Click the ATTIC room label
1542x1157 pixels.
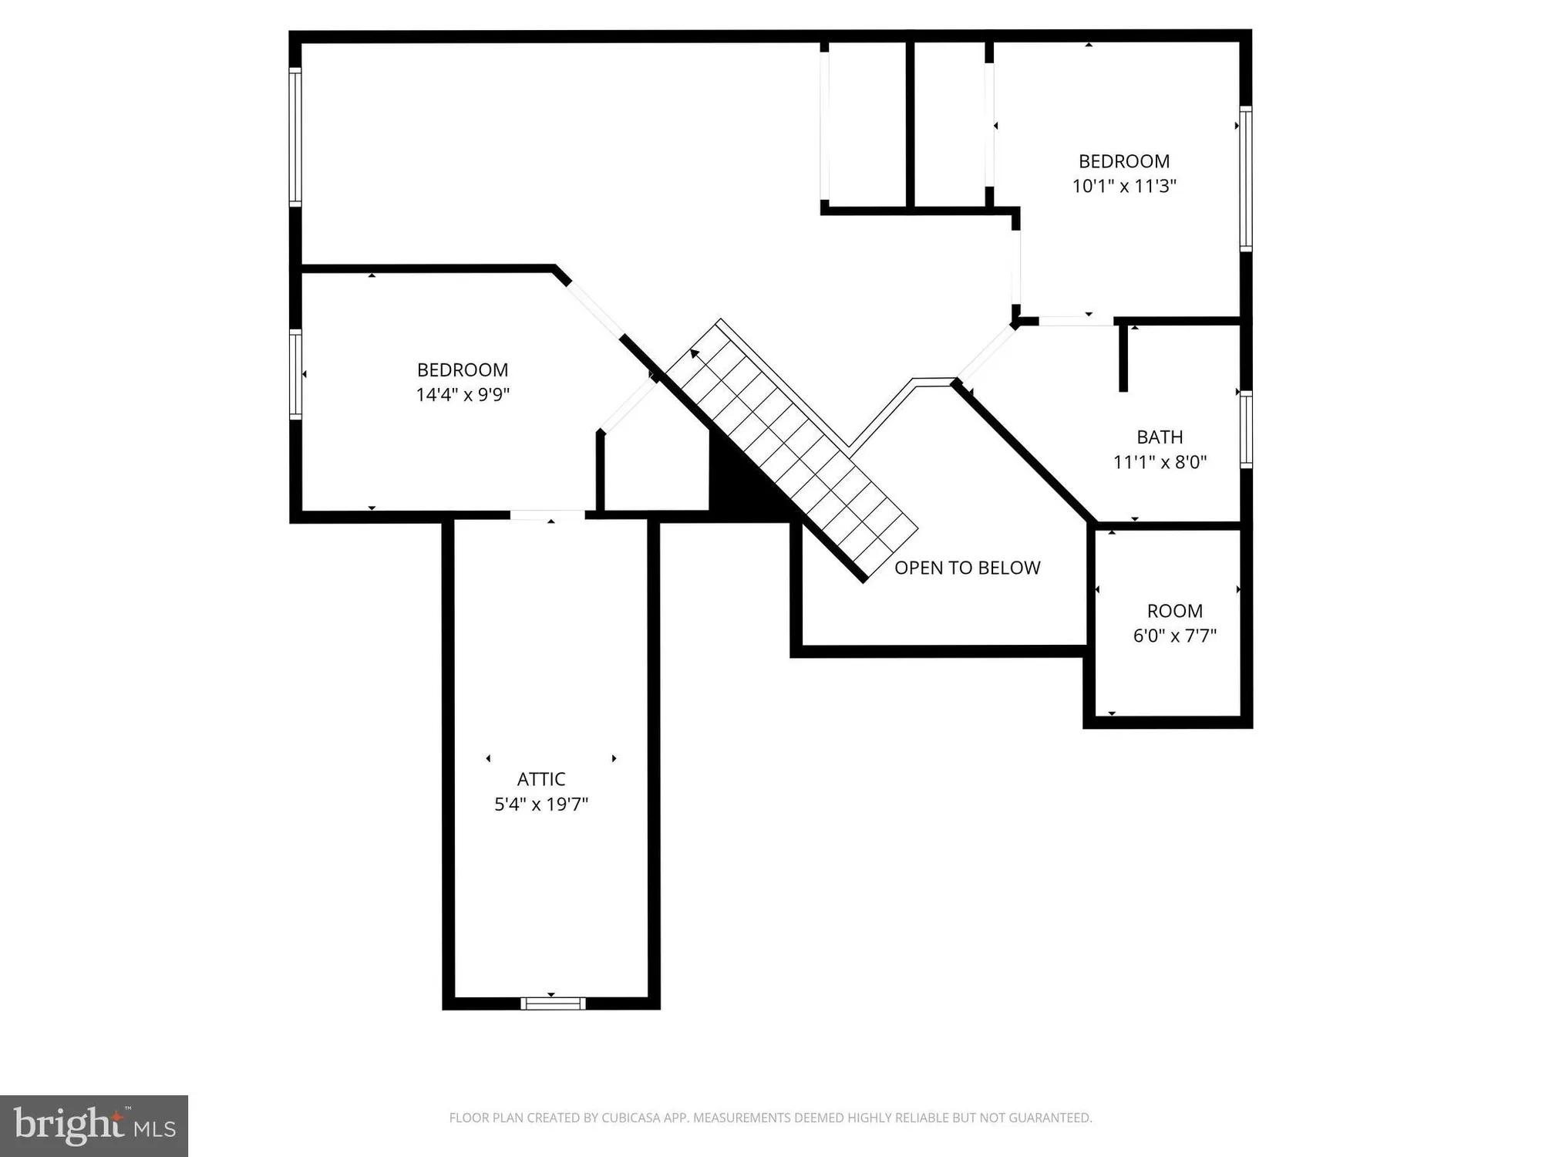[540, 779]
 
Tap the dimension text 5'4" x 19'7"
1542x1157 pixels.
[540, 805]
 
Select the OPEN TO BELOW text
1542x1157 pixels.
[967, 568]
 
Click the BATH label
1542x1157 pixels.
[1160, 437]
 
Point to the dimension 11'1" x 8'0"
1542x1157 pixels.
[1160, 462]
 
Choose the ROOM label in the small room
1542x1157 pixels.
[1174, 611]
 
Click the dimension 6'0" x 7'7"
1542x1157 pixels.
[1174, 636]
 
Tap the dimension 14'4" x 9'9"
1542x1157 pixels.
[463, 395]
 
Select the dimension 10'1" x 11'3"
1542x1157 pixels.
[1123, 186]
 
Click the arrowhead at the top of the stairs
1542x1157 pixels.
[695, 353]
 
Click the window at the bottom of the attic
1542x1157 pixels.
[552, 1004]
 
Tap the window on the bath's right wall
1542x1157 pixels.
[1245, 429]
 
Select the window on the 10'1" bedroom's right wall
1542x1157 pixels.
[1245, 179]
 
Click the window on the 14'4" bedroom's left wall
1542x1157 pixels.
[295, 374]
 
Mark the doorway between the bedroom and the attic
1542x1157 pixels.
[547, 515]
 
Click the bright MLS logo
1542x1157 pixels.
[94, 1125]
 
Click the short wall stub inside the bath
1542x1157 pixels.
[1123, 359]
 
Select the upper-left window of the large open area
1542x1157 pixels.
[295, 137]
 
